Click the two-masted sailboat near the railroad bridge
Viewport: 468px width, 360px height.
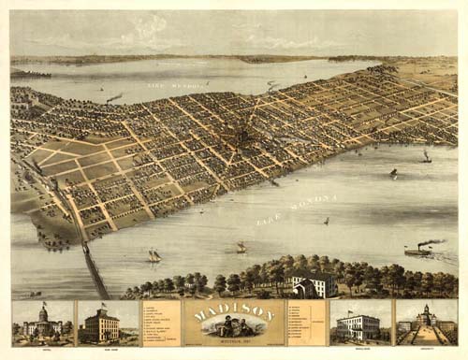[x=154, y=255]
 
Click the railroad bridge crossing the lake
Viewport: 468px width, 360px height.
[x=94, y=268]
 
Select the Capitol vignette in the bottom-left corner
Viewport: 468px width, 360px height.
[x=42, y=324]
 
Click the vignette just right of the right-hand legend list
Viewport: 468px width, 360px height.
[x=360, y=324]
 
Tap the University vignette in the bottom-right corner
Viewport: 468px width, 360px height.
[x=426, y=324]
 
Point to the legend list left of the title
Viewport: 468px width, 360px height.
[x=159, y=324]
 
